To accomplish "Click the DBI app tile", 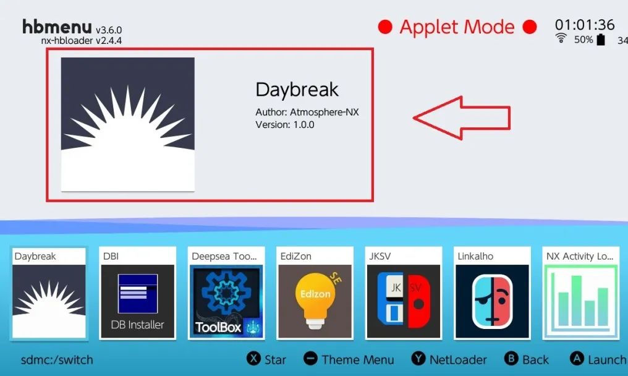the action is click(x=137, y=293).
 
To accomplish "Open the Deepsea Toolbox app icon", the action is click(x=226, y=301).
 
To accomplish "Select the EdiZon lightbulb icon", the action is click(x=315, y=301).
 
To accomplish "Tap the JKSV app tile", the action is click(x=403, y=293).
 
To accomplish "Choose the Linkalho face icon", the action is click(x=492, y=301).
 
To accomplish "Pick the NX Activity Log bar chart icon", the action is click(x=581, y=301).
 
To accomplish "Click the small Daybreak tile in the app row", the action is click(x=49, y=293).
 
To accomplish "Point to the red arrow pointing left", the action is click(x=461, y=118).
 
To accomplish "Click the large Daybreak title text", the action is click(x=297, y=90).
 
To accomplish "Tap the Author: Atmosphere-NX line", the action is click(x=307, y=112).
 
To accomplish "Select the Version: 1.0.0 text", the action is click(x=285, y=125).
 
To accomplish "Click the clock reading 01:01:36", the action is click(x=584, y=25).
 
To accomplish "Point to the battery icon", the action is click(x=601, y=40).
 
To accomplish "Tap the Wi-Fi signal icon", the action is click(x=561, y=38).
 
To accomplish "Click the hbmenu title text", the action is click(x=57, y=27).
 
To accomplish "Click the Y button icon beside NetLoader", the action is click(x=418, y=358).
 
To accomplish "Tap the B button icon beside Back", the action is click(x=511, y=358).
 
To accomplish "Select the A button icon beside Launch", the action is click(x=577, y=358).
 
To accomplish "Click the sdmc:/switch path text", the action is click(x=57, y=360).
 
